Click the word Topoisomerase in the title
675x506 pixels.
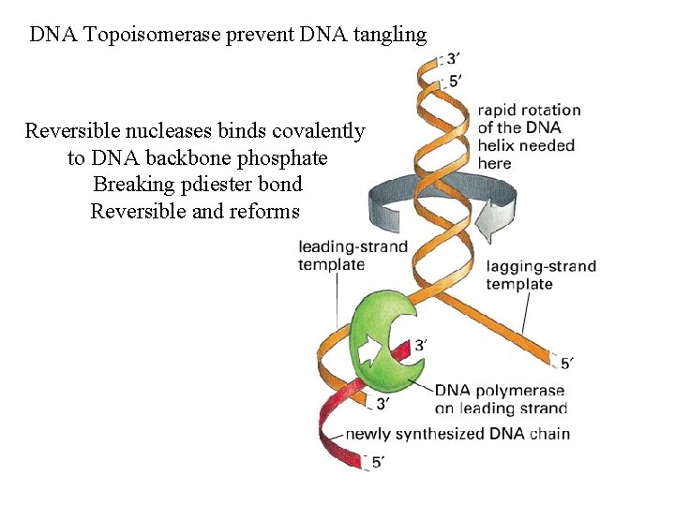141,36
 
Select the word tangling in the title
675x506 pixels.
384,36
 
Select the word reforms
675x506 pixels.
262,211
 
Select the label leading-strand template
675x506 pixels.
352,256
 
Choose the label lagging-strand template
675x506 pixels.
541,275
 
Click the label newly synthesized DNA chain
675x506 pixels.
457,434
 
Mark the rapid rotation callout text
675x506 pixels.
528,137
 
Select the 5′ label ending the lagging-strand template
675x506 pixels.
566,363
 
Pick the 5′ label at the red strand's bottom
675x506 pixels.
377,462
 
